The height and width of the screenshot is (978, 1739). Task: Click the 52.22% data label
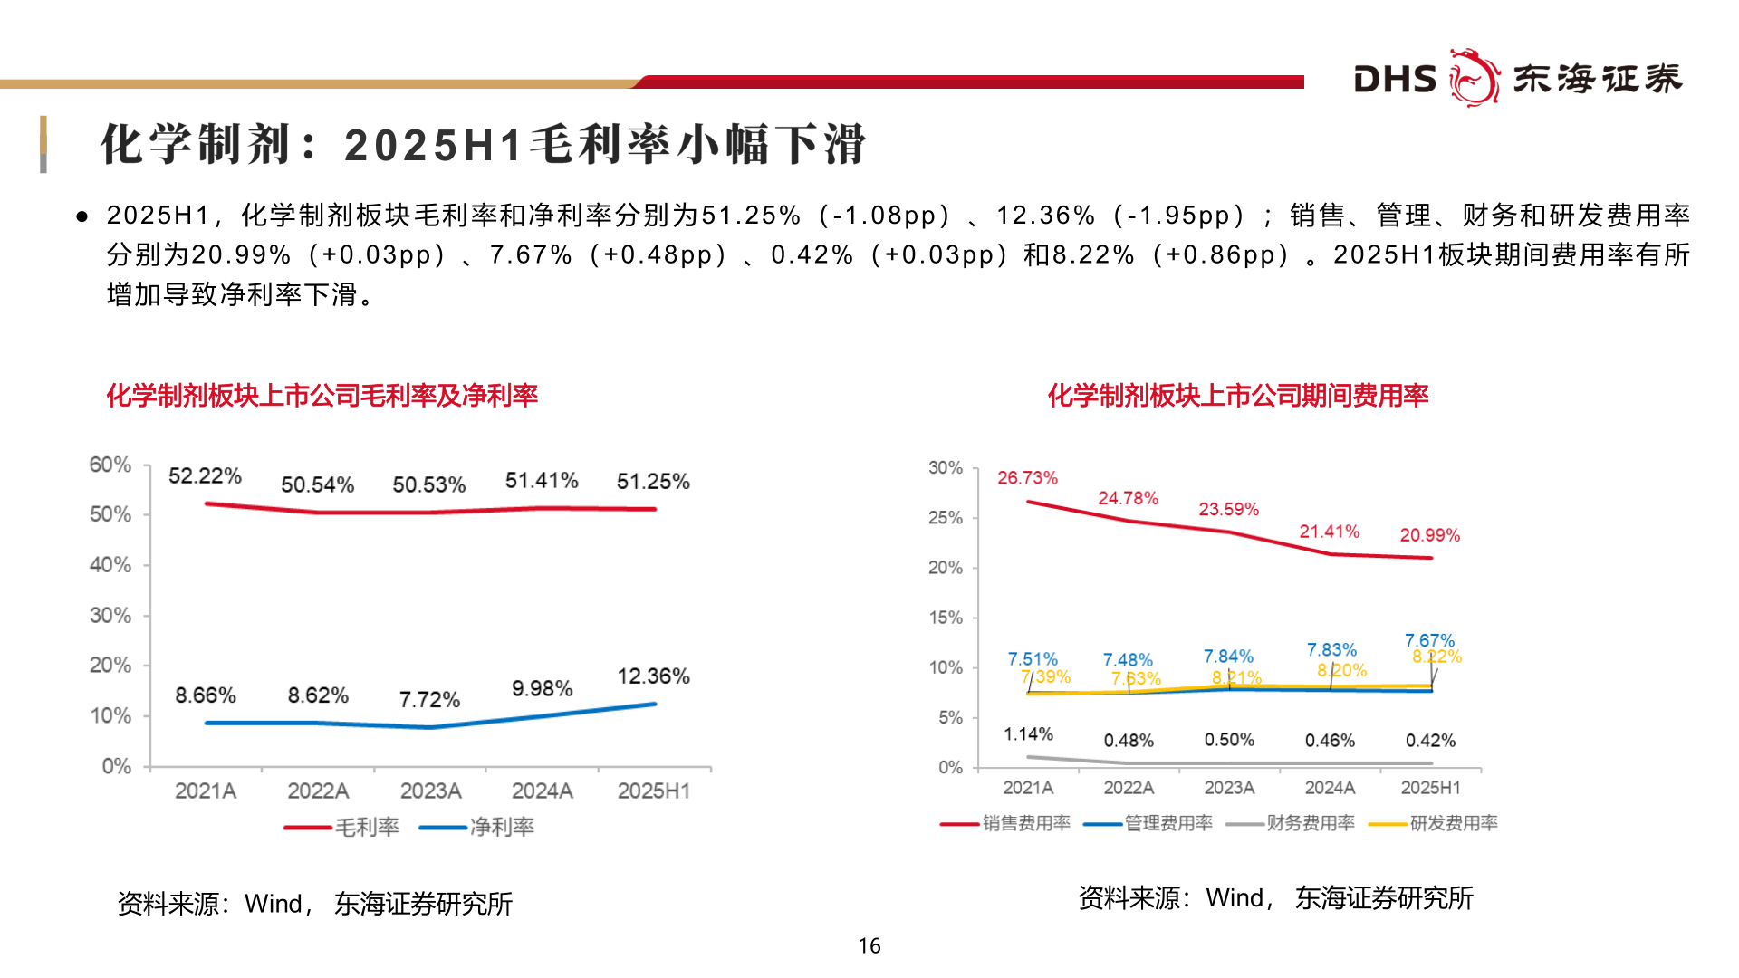click(205, 476)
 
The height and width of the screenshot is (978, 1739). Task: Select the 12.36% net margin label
click(653, 676)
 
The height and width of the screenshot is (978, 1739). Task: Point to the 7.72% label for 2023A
click(429, 700)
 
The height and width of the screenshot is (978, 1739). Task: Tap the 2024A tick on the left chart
click(542, 791)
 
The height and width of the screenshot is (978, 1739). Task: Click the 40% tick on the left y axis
click(110, 565)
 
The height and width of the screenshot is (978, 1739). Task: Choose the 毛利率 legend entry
click(342, 827)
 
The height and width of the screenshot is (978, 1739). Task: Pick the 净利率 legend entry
click(477, 827)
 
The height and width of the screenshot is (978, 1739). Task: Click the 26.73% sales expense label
click(1027, 478)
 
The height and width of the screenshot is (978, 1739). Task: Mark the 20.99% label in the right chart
click(1429, 535)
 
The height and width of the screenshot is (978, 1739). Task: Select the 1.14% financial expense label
click(1028, 734)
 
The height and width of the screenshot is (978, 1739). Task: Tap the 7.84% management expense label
click(1228, 657)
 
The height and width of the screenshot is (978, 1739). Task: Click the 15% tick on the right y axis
click(945, 618)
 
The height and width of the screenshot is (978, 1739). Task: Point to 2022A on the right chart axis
click(1129, 788)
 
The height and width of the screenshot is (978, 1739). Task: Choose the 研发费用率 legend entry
click(1434, 823)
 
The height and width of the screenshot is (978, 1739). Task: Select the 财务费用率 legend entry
click(1291, 823)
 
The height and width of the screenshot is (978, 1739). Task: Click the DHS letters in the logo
click(1394, 80)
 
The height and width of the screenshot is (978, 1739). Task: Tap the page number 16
click(869, 946)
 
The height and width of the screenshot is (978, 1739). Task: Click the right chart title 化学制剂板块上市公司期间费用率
click(1237, 396)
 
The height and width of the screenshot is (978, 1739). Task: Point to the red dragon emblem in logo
click(1474, 78)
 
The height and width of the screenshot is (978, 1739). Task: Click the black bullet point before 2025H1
click(82, 216)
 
